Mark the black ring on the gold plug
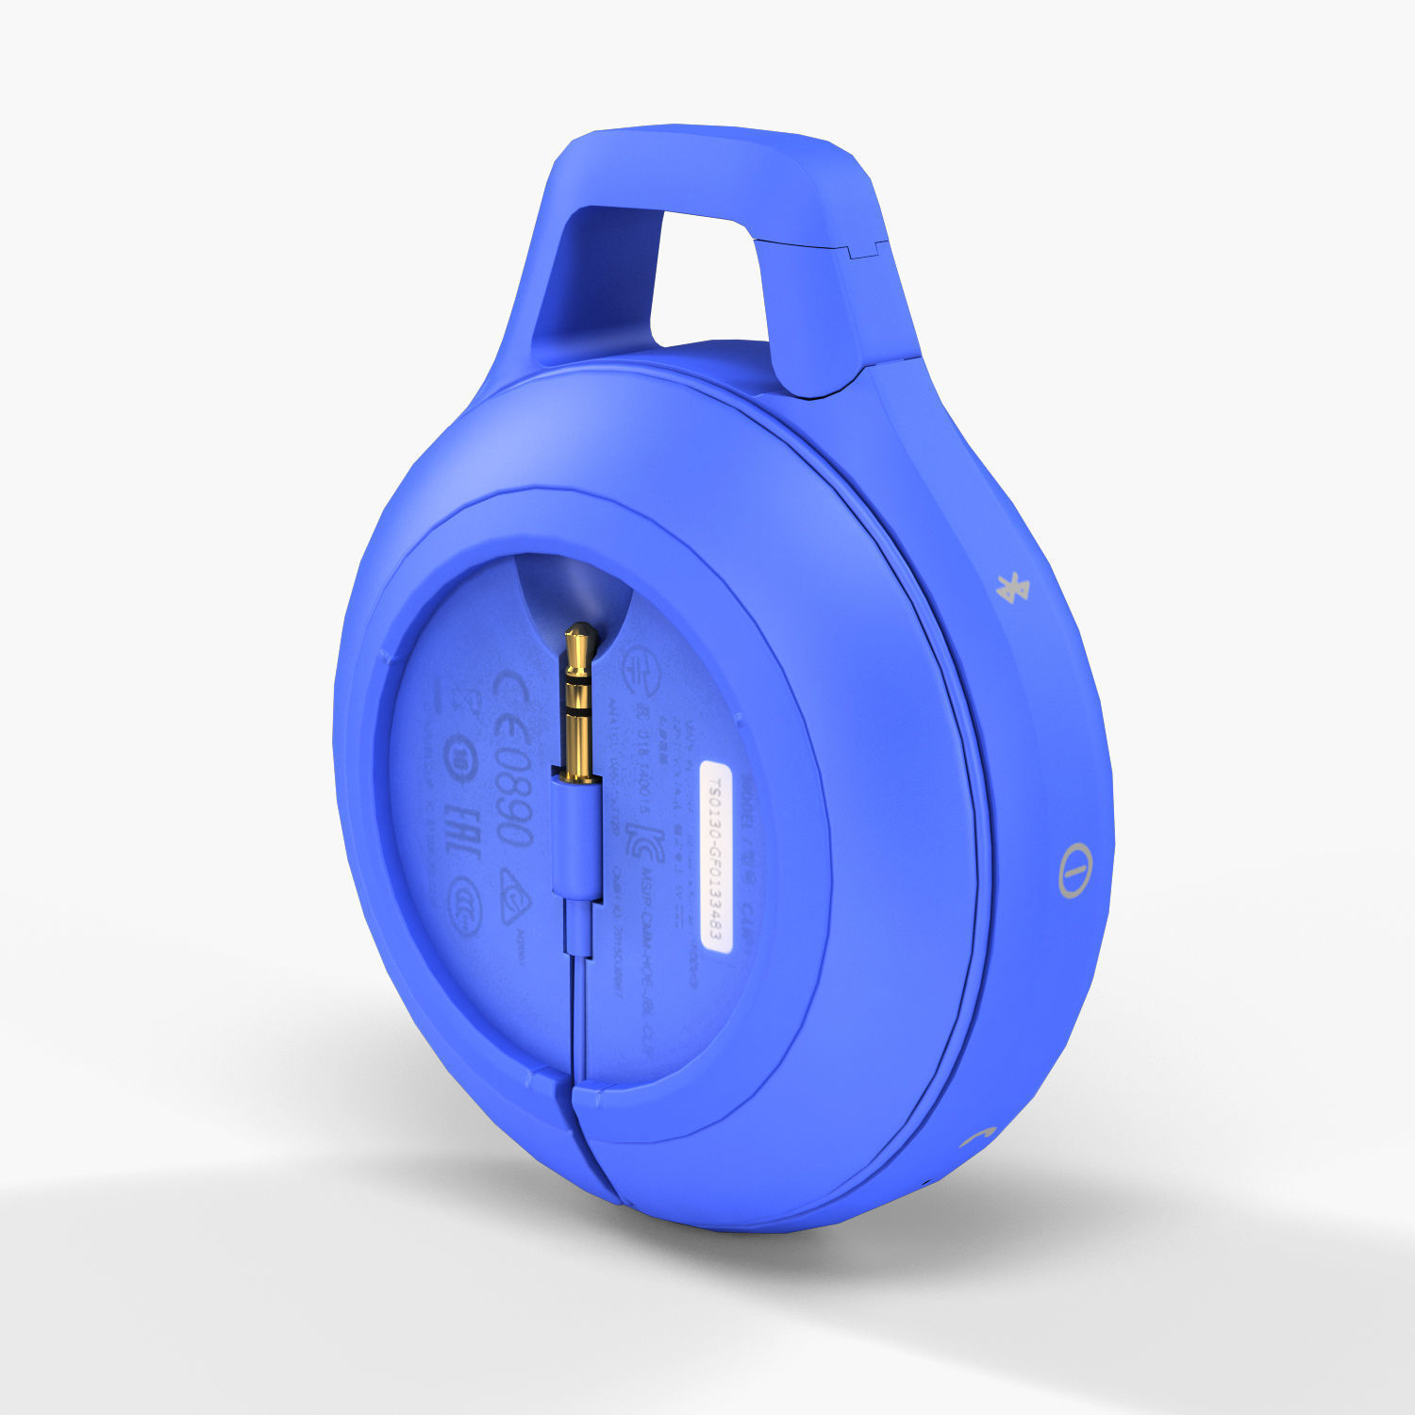(x=577, y=703)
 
